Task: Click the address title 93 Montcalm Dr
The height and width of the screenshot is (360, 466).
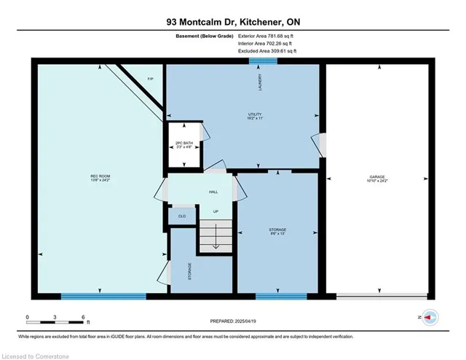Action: (232, 20)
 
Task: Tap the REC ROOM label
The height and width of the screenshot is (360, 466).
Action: (100, 177)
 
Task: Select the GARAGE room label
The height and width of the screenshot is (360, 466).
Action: (376, 177)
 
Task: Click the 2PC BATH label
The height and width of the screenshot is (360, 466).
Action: (183, 144)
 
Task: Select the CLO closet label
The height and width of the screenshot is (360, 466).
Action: (181, 216)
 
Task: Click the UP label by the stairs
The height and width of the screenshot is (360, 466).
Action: (216, 212)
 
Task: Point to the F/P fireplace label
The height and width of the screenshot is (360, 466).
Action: (150, 78)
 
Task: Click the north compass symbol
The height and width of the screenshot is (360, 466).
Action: (430, 318)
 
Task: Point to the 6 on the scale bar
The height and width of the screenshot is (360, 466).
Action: (84, 318)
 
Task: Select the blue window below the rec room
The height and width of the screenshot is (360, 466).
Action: (103, 297)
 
